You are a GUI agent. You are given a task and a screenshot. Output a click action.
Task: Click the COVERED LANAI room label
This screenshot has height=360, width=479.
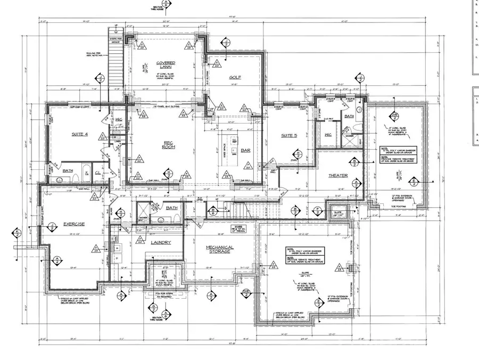click(166, 66)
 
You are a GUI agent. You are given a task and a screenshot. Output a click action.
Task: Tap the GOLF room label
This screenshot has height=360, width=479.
click(235, 78)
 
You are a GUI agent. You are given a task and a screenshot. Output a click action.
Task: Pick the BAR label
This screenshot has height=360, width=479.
click(246, 151)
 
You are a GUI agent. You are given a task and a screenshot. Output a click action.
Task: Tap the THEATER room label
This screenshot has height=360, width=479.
click(337, 176)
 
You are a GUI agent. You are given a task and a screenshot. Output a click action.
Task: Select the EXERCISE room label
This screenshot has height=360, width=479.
click(74, 224)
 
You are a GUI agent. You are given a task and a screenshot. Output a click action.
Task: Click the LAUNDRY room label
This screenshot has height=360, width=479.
click(160, 243)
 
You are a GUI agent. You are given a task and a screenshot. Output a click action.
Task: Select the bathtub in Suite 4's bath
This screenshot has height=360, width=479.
click(63, 178)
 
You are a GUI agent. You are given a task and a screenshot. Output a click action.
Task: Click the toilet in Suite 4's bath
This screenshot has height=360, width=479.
click(85, 177)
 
